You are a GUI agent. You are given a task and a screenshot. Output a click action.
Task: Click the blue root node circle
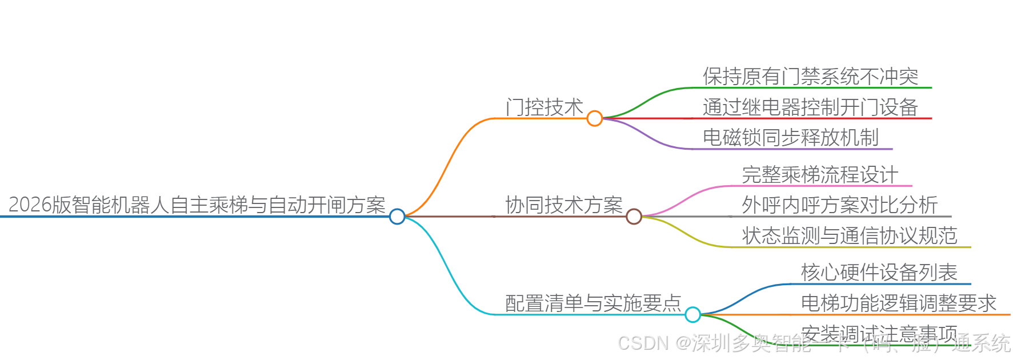[397, 217]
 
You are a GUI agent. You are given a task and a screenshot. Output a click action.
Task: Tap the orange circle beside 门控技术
[595, 118]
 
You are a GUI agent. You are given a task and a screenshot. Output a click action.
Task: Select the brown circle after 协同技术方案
[634, 217]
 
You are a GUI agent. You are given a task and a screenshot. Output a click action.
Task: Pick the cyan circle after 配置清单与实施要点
[692, 314]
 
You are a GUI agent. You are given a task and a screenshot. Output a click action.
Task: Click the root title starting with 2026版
[197, 205]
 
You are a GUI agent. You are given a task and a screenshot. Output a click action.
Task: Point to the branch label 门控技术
[544, 107]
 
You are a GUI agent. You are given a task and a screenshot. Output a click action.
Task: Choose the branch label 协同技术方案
[564, 205]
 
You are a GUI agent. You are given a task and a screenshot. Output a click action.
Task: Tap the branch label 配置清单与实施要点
[593, 303]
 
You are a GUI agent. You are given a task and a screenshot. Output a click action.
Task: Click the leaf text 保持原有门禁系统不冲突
[810, 76]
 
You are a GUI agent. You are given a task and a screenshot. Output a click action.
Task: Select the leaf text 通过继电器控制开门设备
[810, 107]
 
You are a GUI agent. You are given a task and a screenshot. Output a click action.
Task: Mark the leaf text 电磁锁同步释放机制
[790, 137]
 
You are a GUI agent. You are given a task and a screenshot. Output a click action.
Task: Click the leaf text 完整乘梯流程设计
[820, 174]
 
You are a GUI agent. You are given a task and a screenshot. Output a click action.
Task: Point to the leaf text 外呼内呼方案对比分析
[839, 205]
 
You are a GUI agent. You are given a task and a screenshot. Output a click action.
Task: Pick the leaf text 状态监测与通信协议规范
[849, 235]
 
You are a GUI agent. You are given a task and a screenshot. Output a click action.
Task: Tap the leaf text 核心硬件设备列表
[879, 272]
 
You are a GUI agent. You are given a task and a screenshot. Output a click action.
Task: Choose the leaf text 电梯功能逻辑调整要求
[898, 303]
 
